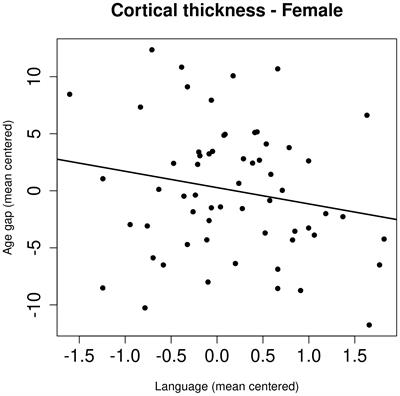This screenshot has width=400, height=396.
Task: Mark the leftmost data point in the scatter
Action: pos(69,94)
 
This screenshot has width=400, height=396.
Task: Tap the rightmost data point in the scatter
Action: pos(384,239)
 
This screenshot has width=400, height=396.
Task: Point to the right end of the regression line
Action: pos(397,219)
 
